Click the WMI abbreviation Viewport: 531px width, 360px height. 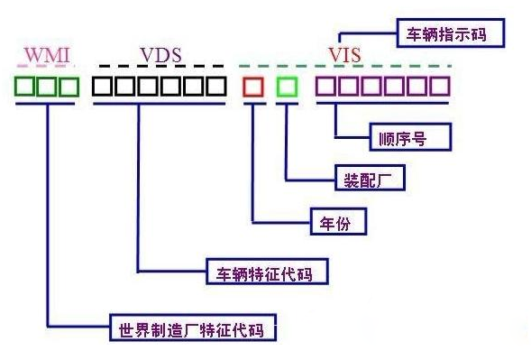click(46, 55)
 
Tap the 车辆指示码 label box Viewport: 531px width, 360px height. click(449, 34)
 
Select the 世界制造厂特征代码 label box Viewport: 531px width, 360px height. click(190, 328)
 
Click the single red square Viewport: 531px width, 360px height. click(253, 88)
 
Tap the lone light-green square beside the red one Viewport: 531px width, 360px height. click(286, 88)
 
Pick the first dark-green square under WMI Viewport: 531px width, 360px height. click(25, 88)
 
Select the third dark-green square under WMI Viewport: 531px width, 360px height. click(69, 88)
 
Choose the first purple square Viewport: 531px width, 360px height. click(325, 88)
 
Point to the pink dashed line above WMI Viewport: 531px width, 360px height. click(46, 68)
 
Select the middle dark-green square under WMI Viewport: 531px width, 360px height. click(47, 88)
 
